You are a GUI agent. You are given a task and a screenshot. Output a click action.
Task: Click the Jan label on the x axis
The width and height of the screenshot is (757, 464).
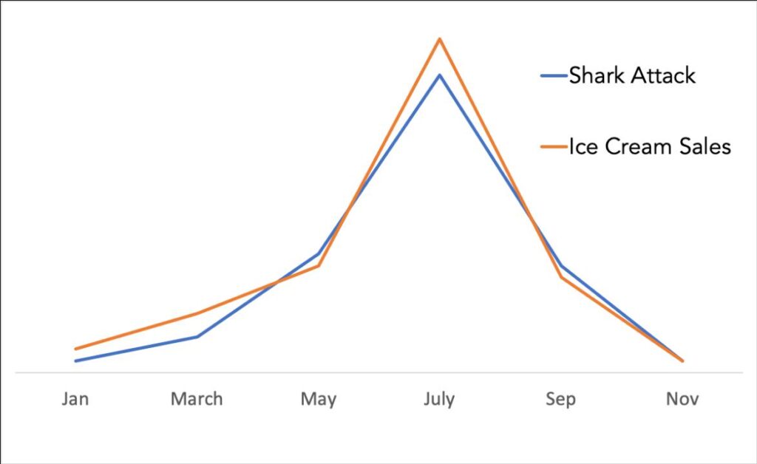pyautogui.click(x=75, y=400)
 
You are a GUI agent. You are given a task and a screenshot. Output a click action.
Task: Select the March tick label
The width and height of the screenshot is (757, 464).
pyautogui.click(x=196, y=400)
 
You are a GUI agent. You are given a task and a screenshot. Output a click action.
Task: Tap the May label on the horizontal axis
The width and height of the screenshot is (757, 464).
pyautogui.click(x=318, y=400)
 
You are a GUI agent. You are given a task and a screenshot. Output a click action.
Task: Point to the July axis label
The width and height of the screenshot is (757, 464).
pyautogui.click(x=439, y=400)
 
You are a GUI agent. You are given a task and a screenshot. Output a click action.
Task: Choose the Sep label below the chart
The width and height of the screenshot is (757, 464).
pyautogui.click(x=560, y=400)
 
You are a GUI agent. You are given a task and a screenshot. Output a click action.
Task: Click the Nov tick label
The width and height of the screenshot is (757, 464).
pyautogui.click(x=682, y=400)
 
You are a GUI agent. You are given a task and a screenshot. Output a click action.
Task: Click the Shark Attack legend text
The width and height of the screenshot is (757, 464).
pyautogui.click(x=632, y=75)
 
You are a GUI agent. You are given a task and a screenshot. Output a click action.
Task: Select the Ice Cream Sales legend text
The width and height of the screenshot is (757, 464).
pyautogui.click(x=650, y=147)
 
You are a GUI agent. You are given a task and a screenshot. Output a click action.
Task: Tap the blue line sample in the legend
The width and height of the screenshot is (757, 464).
pyautogui.click(x=554, y=75)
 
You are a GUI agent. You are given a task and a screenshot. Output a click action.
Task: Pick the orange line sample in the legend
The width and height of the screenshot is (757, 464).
pyautogui.click(x=554, y=147)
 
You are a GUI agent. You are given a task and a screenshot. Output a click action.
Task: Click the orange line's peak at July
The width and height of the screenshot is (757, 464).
pyautogui.click(x=440, y=38)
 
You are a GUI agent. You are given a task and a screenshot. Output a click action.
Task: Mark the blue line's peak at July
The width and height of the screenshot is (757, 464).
pyautogui.click(x=440, y=75)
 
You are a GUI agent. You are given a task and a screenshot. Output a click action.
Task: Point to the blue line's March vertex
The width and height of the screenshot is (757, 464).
pyautogui.click(x=197, y=337)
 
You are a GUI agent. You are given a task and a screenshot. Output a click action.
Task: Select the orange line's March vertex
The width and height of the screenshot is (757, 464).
pyautogui.click(x=197, y=313)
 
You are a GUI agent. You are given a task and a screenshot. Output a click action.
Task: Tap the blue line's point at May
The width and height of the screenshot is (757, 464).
pyautogui.click(x=318, y=254)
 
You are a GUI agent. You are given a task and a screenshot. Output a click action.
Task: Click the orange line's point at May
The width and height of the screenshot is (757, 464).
pyautogui.click(x=318, y=266)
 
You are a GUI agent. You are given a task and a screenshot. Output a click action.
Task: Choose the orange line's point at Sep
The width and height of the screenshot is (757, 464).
pyautogui.click(x=561, y=277)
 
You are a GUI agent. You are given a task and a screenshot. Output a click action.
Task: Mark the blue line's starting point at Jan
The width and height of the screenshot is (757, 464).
pyautogui.click(x=75, y=361)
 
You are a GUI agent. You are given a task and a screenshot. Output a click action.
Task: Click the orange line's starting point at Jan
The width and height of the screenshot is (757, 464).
pyautogui.click(x=75, y=349)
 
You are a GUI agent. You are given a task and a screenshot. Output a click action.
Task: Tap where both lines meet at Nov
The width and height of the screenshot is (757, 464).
pyautogui.click(x=682, y=361)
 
